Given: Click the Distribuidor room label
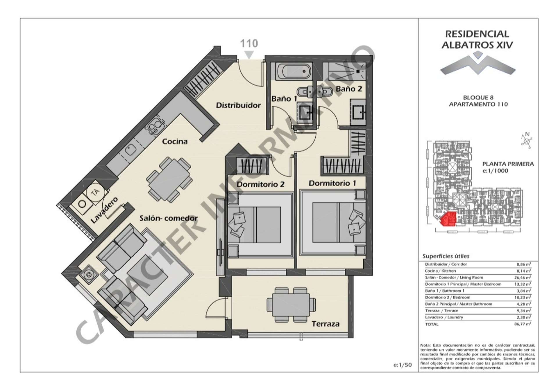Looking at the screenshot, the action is [238, 105].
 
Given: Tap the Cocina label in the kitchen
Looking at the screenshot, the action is [175, 142].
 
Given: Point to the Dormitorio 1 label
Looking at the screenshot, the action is [332, 183].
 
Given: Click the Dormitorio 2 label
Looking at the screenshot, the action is [260, 185].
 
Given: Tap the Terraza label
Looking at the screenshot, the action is [325, 324].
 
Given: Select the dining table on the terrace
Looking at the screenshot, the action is [291, 305].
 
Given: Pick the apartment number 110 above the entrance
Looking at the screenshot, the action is [249, 44].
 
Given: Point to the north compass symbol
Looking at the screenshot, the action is [526, 141].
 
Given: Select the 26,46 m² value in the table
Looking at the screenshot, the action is [523, 278].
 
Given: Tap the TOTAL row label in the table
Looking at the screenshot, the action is [432, 324].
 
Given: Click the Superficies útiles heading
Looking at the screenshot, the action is [446, 256].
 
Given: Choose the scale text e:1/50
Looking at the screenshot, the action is [403, 365].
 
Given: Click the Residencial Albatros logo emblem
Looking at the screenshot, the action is [478, 65].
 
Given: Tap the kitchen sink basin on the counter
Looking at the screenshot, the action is [130, 150].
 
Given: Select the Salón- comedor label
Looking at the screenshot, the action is [169, 218].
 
